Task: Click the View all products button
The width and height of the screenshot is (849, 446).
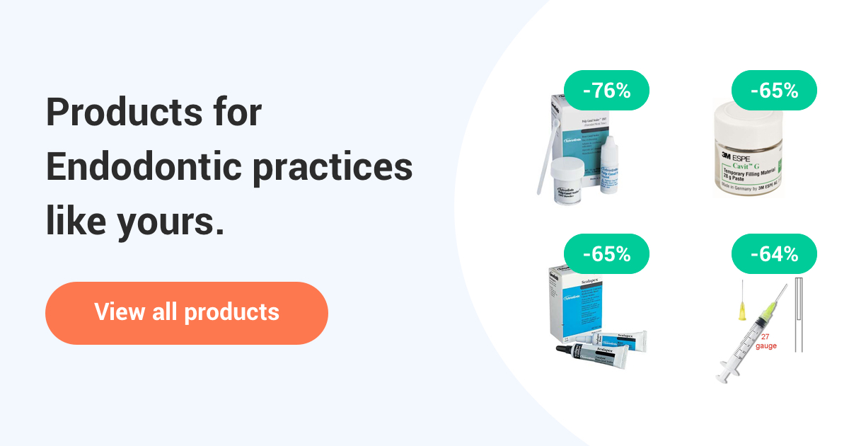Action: point(187,313)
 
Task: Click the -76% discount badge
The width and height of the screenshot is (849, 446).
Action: point(606,91)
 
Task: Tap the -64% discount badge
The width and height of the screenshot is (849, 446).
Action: point(774,254)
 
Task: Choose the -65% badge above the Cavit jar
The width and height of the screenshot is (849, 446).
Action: point(774,91)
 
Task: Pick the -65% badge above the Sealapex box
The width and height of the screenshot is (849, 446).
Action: point(606,254)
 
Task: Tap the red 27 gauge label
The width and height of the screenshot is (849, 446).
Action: point(766,341)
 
